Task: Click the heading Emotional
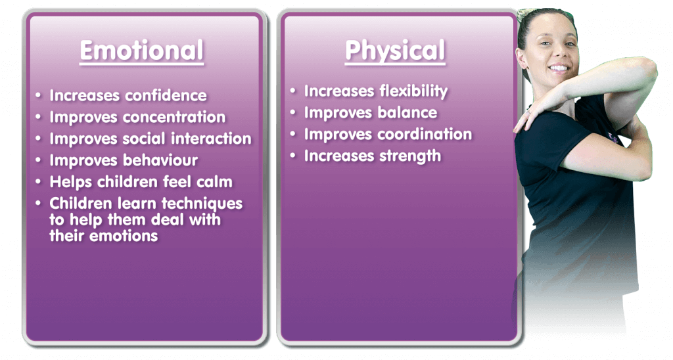pyautogui.click(x=142, y=51)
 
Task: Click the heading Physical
pyautogui.click(x=395, y=51)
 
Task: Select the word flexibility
pyautogui.click(x=414, y=91)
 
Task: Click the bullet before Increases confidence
pyautogui.click(x=39, y=95)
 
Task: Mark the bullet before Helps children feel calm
pyautogui.click(x=39, y=181)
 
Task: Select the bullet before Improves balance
pyautogui.click(x=293, y=112)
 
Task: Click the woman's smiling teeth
pyautogui.click(x=559, y=68)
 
